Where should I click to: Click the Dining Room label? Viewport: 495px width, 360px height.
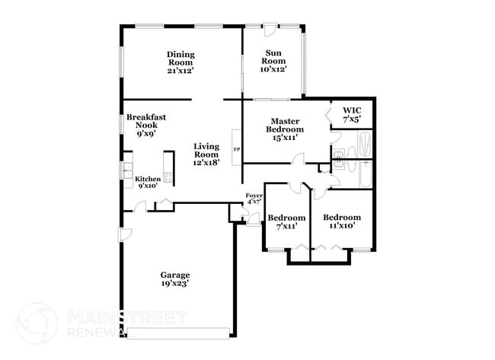coord(180,59)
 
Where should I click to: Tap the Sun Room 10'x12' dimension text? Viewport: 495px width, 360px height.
coord(273,69)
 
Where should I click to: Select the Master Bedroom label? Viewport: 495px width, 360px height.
coord(285,126)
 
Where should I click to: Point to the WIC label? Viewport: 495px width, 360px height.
coord(352,111)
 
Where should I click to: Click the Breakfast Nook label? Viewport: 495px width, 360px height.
coord(146,121)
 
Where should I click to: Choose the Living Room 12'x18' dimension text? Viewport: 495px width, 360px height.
coord(206,163)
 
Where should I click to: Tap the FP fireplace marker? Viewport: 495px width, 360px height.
coord(236,149)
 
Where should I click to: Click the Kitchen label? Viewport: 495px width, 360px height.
coord(148,179)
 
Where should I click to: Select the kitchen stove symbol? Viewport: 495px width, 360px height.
coord(168,177)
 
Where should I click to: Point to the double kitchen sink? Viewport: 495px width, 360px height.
coord(128,170)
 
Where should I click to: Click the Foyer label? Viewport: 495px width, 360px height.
coord(254,196)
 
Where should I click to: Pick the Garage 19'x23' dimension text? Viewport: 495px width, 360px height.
coord(175,283)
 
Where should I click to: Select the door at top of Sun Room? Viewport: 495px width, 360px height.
coord(270,30)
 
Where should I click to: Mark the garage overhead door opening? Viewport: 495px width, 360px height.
coord(178,333)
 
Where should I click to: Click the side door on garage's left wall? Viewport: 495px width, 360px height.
coord(125,234)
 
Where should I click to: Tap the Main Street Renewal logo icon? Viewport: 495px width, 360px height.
coord(37,323)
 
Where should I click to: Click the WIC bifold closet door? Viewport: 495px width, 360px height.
coord(327,115)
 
